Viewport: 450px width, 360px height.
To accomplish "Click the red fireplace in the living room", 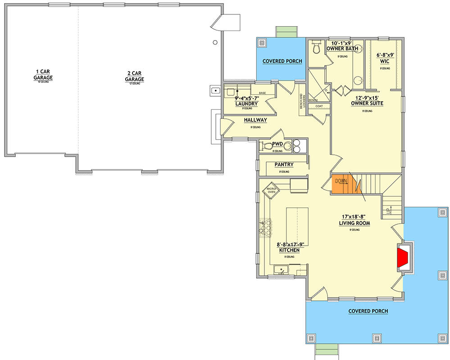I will click(x=403, y=257).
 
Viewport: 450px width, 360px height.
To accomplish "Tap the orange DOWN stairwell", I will click(x=341, y=184).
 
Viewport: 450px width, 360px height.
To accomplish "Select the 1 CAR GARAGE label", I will click(x=44, y=75).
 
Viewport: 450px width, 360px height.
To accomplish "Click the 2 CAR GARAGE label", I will click(x=135, y=76).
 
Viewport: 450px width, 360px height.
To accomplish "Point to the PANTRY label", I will click(x=284, y=165).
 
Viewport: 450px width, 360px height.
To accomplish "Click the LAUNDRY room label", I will click(x=246, y=104).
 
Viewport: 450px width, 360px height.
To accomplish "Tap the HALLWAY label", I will click(x=255, y=120).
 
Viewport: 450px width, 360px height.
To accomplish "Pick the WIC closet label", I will click(x=385, y=61).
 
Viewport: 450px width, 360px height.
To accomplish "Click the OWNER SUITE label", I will click(x=367, y=103).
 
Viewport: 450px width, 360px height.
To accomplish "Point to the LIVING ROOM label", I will click(x=355, y=223).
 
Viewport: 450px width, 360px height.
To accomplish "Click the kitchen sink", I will click(x=281, y=270).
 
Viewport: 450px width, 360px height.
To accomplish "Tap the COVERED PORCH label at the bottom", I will click(x=368, y=311).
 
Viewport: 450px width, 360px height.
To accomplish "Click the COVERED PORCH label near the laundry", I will click(x=282, y=61).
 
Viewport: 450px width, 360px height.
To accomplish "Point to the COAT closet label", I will click(x=319, y=106).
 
